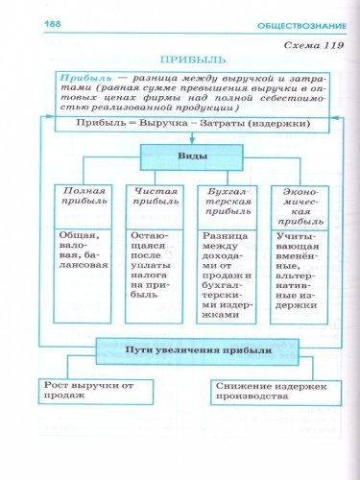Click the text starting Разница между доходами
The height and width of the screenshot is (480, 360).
coord(221,274)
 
